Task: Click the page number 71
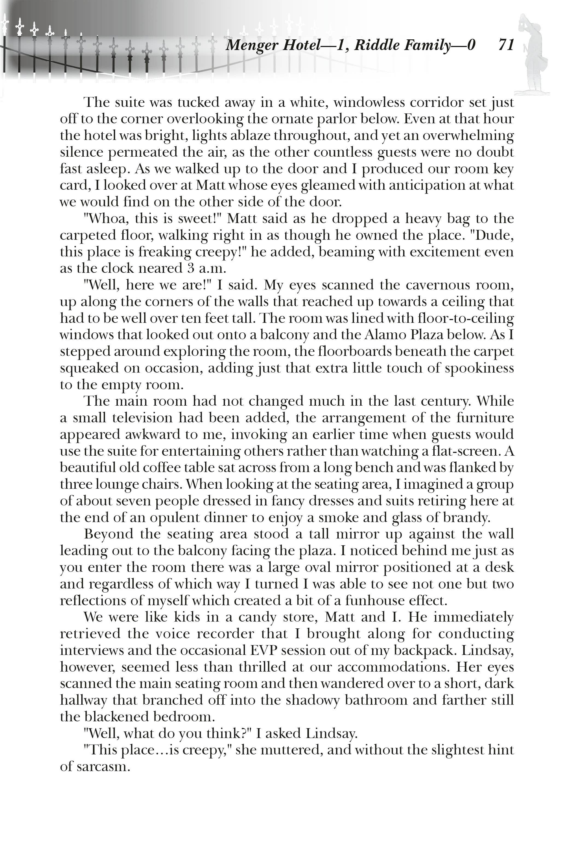tap(506, 45)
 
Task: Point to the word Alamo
tap(370, 335)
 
